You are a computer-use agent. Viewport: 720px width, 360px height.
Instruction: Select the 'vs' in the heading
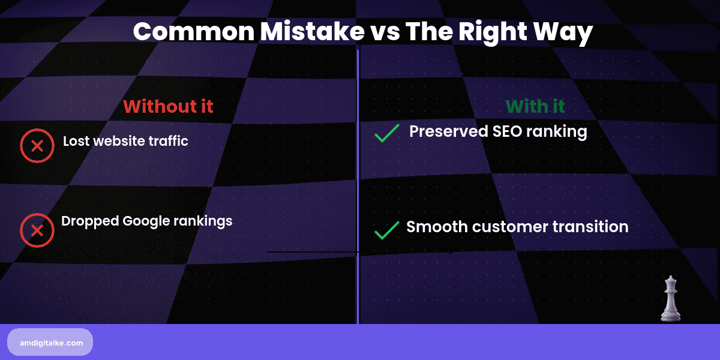coord(382,32)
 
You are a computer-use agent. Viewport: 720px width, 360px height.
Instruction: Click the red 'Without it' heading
coord(168,106)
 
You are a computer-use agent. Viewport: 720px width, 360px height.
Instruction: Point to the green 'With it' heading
coord(535,106)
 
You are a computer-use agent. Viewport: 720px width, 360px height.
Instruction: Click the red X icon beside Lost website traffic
coord(37,146)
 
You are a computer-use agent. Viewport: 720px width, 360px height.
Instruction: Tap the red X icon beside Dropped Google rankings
coord(37,230)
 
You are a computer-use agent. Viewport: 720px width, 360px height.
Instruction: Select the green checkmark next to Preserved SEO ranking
coord(387,133)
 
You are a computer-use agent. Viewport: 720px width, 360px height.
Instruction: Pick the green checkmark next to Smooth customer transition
coord(387,230)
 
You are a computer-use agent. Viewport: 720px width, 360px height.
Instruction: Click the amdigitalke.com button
coord(50,342)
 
